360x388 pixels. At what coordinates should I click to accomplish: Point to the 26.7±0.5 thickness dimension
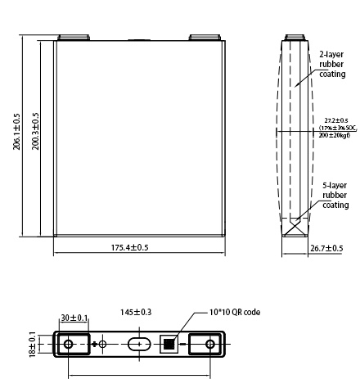[326, 248]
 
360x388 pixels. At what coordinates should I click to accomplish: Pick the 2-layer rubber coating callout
[331, 63]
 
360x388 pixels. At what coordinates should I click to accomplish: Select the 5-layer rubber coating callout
[334, 196]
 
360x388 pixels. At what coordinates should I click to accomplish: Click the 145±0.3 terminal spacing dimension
[136, 313]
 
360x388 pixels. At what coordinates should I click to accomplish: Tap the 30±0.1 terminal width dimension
[75, 318]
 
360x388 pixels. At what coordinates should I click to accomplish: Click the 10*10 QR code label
[232, 313]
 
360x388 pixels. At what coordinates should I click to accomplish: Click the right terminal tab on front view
[200, 37]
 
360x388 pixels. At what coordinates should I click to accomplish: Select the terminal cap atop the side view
[295, 37]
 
